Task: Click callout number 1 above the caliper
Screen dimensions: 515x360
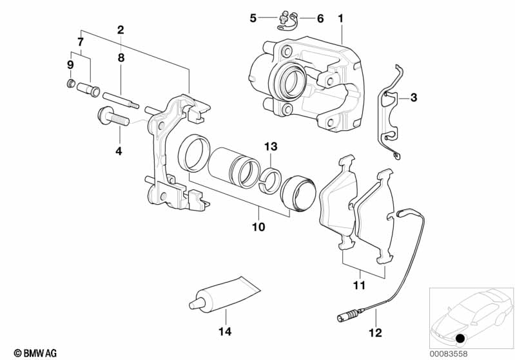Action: [340, 19]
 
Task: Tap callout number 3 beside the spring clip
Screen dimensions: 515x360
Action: [414, 97]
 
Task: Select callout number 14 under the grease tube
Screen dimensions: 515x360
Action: [225, 332]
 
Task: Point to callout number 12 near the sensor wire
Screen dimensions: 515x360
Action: [375, 333]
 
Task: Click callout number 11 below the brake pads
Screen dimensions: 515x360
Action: [359, 285]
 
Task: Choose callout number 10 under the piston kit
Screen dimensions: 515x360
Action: [258, 227]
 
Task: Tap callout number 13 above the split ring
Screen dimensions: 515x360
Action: [271, 146]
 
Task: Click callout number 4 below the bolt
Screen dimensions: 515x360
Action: [119, 151]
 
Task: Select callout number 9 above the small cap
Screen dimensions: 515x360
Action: [70, 65]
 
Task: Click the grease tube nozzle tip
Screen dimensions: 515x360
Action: [191, 306]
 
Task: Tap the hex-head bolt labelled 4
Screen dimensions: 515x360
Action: [113, 117]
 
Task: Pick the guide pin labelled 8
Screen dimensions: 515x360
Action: [121, 100]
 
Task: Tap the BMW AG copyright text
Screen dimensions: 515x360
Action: [35, 353]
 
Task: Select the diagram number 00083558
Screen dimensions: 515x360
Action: [449, 354]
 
